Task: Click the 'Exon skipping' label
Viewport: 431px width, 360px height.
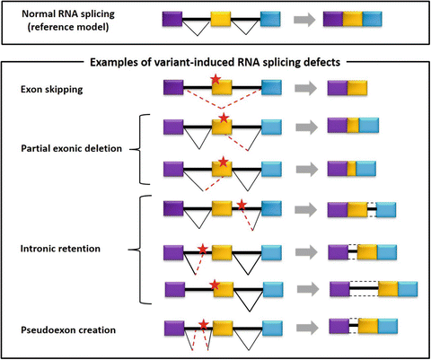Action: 52,90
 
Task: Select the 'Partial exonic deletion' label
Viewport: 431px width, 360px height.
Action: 72,148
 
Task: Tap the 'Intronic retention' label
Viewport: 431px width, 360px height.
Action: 60,249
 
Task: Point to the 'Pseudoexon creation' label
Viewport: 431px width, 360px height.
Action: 68,330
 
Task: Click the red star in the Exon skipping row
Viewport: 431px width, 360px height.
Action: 215,79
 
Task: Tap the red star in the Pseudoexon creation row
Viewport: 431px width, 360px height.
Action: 204,324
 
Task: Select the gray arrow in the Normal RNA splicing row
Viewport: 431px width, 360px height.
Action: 304,20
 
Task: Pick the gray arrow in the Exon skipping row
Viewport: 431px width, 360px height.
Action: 305,88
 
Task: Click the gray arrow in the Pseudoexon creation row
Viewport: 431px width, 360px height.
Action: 307,328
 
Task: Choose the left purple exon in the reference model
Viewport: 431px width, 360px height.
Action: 172,19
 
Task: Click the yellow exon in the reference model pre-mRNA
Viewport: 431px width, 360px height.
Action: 221,19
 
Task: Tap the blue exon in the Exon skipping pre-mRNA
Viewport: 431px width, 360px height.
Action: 271,87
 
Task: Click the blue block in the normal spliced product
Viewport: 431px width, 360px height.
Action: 373,19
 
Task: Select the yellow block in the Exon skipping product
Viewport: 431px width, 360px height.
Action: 357,88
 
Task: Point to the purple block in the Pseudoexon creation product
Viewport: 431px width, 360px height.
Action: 339,326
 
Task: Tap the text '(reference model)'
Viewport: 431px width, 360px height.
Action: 68,27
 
